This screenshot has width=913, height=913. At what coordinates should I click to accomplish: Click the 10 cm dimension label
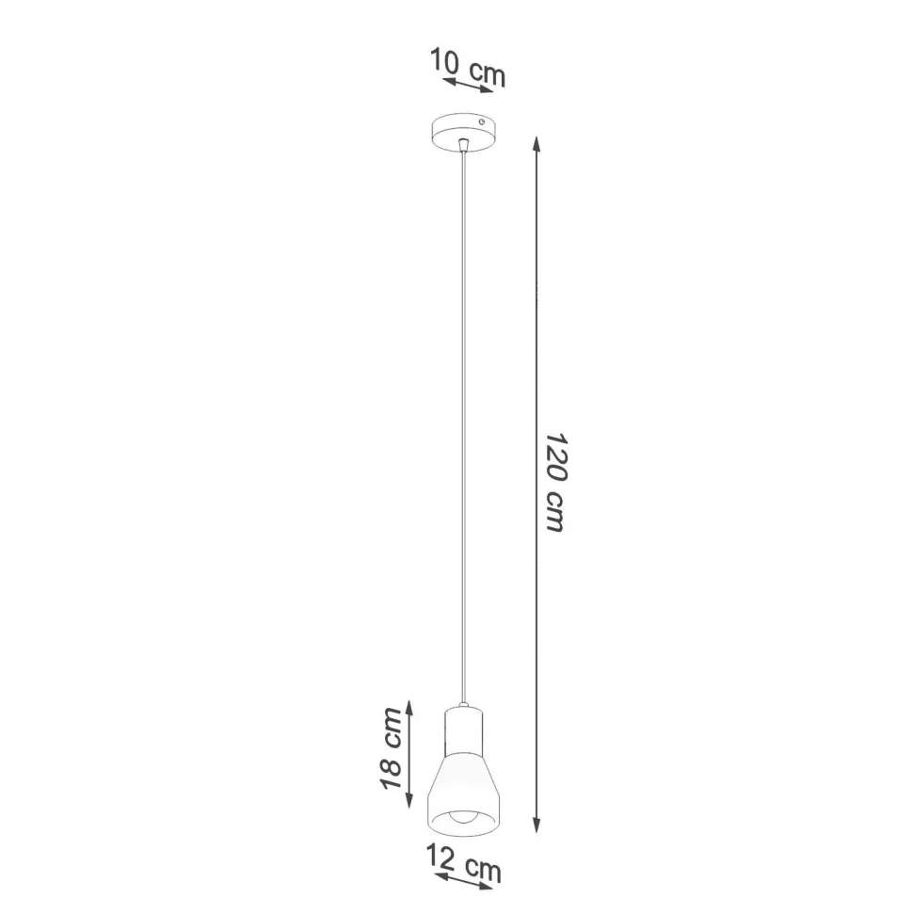coord(468,65)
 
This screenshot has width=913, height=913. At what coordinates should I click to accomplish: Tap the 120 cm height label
coord(555,484)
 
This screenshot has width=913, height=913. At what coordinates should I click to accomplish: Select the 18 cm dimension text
coord(393,748)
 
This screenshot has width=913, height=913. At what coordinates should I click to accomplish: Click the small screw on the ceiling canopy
coord(482,122)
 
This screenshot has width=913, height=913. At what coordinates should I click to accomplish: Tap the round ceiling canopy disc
coord(462,131)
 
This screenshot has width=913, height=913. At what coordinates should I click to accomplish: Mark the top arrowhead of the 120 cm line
coord(536,142)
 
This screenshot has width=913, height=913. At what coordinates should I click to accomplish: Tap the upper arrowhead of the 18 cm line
coord(408,707)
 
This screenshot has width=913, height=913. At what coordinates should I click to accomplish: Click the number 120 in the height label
coord(555,457)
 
